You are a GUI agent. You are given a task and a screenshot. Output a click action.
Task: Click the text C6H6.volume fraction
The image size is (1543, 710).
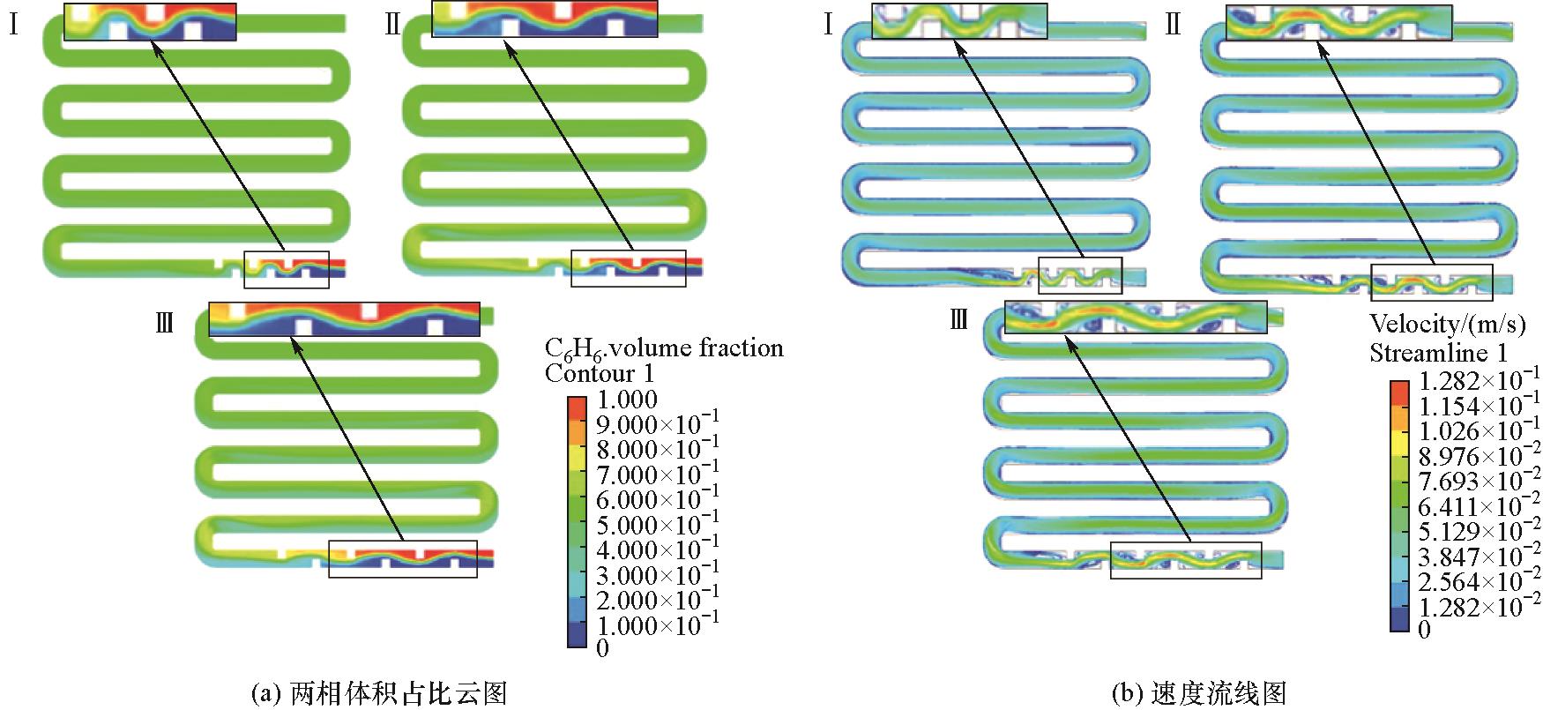(664, 348)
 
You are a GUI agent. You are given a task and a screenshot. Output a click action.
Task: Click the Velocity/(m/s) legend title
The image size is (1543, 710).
(1447, 325)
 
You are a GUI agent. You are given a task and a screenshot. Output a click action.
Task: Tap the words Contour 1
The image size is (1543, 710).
(600, 373)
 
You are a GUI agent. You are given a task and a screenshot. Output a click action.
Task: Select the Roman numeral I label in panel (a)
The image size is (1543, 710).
(14, 24)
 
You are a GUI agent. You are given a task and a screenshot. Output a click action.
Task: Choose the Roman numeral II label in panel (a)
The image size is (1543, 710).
(393, 24)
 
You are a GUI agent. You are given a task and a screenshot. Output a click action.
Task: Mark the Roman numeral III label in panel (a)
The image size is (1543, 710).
(164, 324)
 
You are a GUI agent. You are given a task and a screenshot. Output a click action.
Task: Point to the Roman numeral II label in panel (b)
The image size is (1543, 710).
(1172, 24)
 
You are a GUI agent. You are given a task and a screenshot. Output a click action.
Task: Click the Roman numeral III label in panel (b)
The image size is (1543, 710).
(959, 320)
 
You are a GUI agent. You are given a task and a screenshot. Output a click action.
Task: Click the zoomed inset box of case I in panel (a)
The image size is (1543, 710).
(151, 21)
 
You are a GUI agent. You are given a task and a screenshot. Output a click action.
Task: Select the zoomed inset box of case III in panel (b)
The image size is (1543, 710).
(1136, 318)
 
